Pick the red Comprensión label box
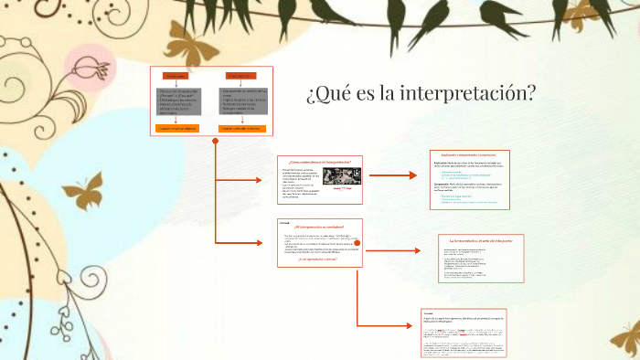coord(240,75)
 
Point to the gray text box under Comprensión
coord(241,103)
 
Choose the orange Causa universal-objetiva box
coord(177,129)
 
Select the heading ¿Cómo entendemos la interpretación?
coord(319,161)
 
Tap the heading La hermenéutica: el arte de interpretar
coord(481,239)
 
